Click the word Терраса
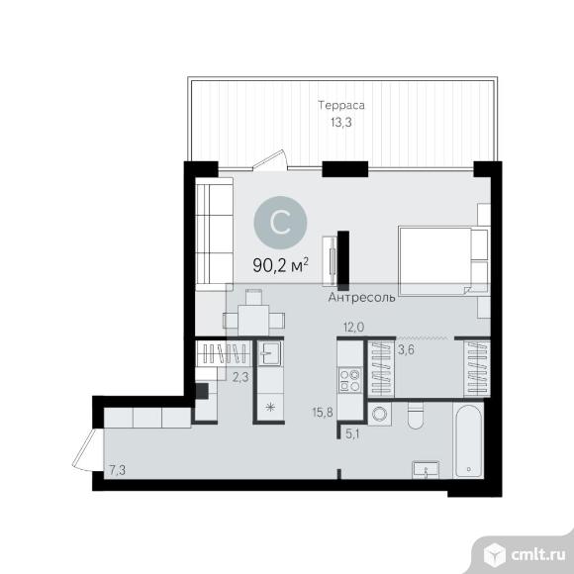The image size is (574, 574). [341, 105]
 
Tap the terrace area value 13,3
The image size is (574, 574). [341, 123]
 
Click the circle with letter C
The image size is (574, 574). [280, 222]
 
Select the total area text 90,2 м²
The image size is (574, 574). [280, 265]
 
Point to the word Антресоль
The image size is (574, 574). [361, 297]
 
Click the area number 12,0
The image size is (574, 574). [353, 327]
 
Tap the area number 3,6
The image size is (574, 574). [406, 350]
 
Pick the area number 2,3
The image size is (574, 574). [240, 377]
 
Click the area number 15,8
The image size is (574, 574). [323, 413]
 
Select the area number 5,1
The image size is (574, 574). [352, 434]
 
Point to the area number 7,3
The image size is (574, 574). [117, 470]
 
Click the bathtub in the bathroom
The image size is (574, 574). [468, 439]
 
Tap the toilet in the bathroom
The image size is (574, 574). [415, 416]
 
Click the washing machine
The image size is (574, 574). [379, 414]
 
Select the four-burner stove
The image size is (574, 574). [349, 380]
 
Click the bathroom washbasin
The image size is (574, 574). [426, 470]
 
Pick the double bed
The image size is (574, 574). [443, 260]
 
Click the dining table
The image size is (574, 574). [253, 321]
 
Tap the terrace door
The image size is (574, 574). [270, 160]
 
